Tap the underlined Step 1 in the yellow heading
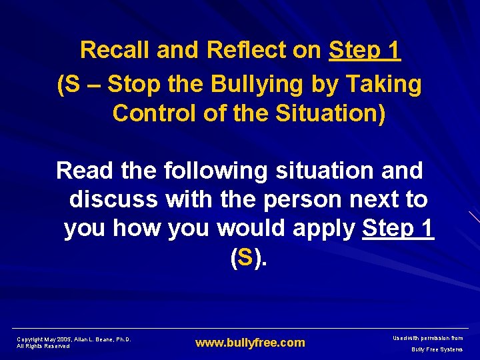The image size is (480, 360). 365,50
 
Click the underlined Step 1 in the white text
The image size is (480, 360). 399,229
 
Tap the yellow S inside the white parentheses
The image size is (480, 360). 244,257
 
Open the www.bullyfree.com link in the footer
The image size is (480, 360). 249,343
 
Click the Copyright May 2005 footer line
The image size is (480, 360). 73,339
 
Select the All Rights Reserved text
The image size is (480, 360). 43,346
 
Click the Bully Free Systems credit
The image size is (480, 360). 437,349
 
